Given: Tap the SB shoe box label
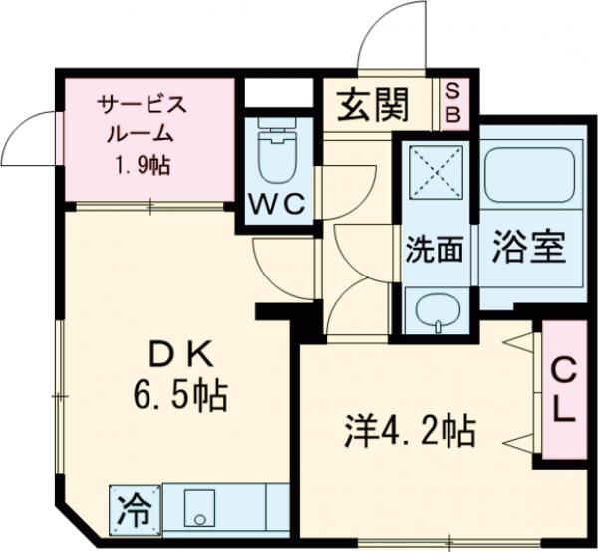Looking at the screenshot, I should [x=451, y=104].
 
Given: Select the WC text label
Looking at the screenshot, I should [x=274, y=203].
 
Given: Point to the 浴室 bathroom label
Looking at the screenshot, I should [x=528, y=247].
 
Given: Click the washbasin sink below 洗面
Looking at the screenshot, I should [x=436, y=310].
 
